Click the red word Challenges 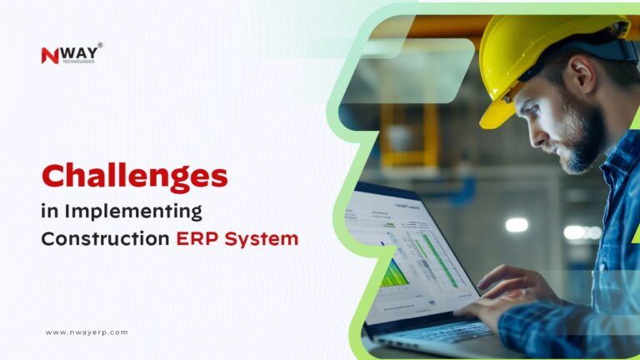click(134, 176)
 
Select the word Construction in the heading click(105, 239)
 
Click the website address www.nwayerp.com click(87, 332)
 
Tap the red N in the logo click(48, 55)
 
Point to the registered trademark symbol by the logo click(100, 45)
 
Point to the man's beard click(583, 142)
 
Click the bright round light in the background click(517, 224)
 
